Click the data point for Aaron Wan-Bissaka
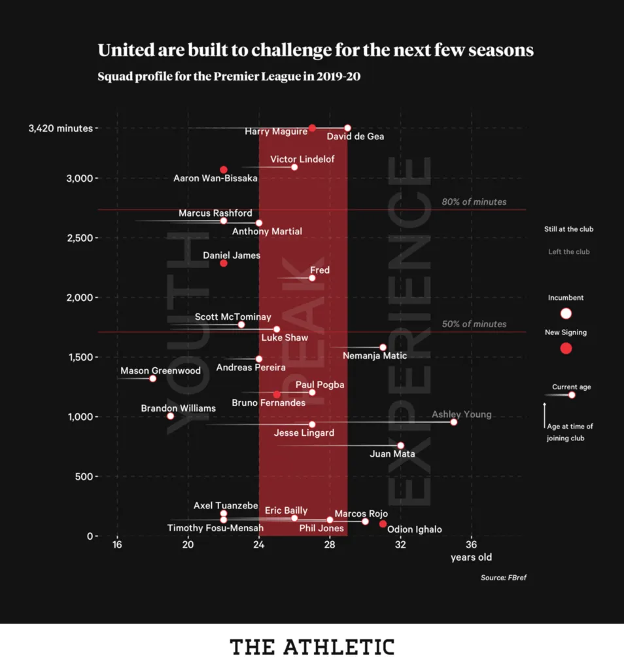(x=224, y=169)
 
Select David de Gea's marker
(x=347, y=128)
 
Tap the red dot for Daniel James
(x=224, y=263)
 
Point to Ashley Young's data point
(x=454, y=422)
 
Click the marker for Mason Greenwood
(x=152, y=378)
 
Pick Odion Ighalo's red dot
(x=383, y=524)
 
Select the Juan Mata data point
(x=400, y=446)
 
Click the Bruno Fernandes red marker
(x=277, y=395)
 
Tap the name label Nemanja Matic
(x=375, y=356)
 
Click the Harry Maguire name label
(x=275, y=132)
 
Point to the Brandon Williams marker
(x=170, y=416)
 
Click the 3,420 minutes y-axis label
(x=60, y=128)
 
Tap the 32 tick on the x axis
(x=400, y=544)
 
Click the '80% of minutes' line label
(x=474, y=202)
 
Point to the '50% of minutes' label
(x=474, y=324)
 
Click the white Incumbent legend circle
(x=566, y=313)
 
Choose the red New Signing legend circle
(x=566, y=348)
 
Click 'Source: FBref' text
(x=503, y=577)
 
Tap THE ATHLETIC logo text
(x=312, y=647)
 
